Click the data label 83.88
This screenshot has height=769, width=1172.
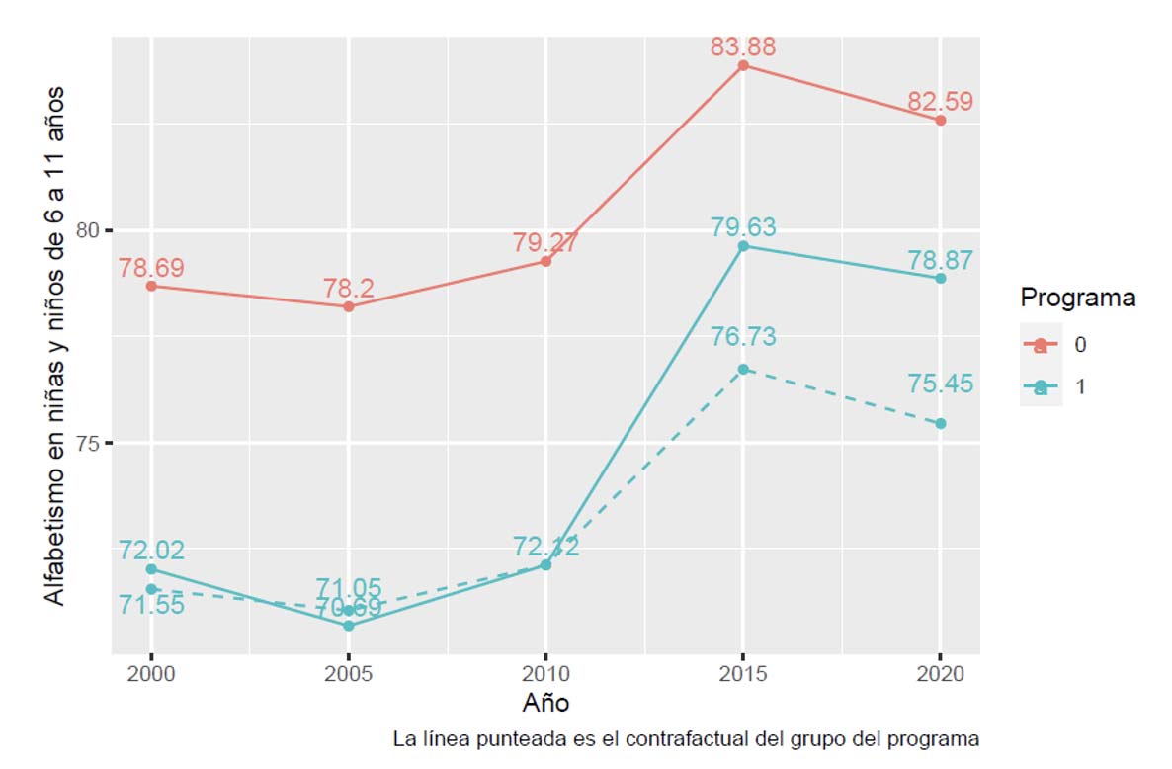tap(742, 46)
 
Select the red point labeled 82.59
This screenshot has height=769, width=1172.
tap(941, 121)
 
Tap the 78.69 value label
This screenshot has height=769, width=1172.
tap(151, 268)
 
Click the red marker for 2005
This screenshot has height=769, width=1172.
tap(349, 306)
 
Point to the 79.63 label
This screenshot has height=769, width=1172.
tap(743, 227)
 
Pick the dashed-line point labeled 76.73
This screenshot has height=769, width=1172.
tap(743, 369)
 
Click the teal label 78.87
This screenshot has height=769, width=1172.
tap(940, 260)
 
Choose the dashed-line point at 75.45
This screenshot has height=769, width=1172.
tap(941, 423)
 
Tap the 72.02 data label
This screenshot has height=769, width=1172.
tap(151, 552)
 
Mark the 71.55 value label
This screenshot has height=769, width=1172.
tap(151, 605)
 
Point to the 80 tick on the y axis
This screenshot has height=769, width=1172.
tap(90, 230)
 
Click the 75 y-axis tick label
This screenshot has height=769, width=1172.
tap(90, 443)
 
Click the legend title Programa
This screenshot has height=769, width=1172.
tap(1077, 298)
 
